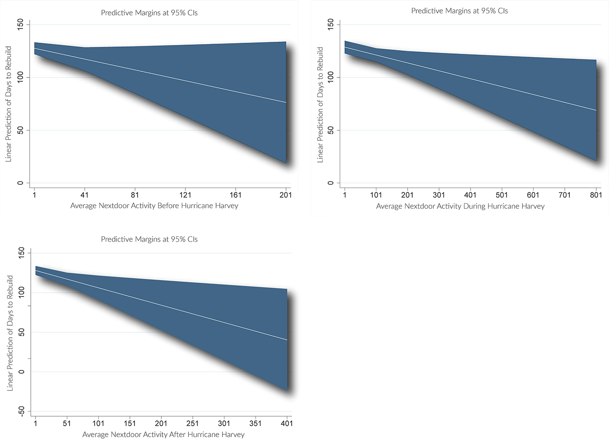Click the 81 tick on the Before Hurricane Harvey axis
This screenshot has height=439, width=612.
[x=135, y=195]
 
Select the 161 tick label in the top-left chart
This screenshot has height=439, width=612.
[x=236, y=195]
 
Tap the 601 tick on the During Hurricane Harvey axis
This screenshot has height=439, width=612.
[x=533, y=195]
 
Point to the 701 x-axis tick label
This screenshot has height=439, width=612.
[x=565, y=195]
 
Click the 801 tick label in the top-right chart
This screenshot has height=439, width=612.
[x=596, y=195]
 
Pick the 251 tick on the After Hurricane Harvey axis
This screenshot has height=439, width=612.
[x=192, y=423]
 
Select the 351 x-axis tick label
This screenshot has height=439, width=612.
[x=255, y=423]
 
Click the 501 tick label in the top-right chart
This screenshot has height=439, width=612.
[x=502, y=195]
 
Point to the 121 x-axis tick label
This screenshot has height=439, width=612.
[x=185, y=195]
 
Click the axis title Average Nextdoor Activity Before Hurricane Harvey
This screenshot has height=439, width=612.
[x=154, y=206]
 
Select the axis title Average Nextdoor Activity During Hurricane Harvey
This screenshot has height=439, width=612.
[x=460, y=206]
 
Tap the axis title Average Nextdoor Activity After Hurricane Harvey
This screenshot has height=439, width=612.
[x=163, y=434]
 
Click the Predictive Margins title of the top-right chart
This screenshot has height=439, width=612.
[x=459, y=11]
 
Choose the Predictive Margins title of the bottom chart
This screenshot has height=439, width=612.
[x=149, y=239]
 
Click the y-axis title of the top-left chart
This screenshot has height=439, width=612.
[x=8, y=103]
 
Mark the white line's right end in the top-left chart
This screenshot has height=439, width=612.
[x=286, y=102]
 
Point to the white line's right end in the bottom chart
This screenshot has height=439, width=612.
[x=287, y=340]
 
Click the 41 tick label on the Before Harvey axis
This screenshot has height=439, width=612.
[x=84, y=195]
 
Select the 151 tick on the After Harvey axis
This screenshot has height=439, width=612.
[x=130, y=423]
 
